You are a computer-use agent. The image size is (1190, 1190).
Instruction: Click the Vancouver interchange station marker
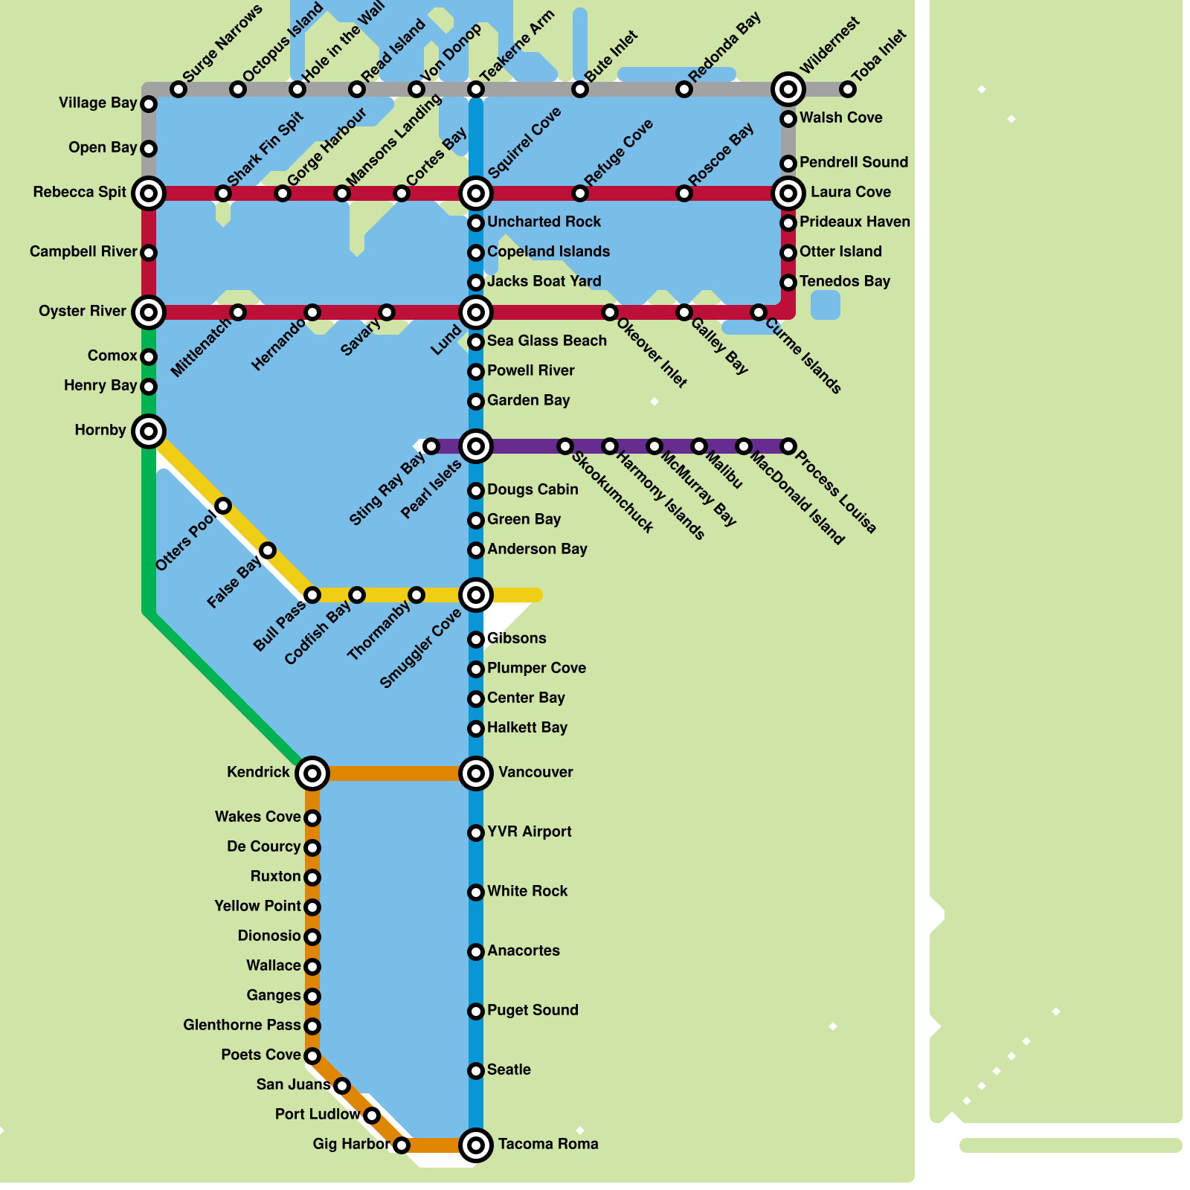[476, 773]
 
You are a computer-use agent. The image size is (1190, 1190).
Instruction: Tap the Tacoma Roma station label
[548, 1144]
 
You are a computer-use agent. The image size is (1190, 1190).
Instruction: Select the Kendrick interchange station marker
[312, 773]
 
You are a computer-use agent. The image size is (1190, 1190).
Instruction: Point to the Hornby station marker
[149, 431]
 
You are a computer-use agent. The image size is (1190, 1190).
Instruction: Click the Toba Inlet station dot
[848, 89]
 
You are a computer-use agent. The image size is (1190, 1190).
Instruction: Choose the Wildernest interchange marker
[788, 89]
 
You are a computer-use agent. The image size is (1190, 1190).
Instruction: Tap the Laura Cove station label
[850, 192]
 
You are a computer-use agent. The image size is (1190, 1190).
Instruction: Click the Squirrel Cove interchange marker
[476, 193]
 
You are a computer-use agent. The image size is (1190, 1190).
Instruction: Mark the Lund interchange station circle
[476, 312]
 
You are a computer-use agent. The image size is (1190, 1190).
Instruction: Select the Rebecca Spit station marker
[149, 193]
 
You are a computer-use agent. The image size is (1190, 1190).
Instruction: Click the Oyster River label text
[83, 311]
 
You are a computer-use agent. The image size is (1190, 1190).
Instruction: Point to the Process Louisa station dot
[788, 446]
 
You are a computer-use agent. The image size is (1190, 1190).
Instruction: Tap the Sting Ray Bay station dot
[431, 446]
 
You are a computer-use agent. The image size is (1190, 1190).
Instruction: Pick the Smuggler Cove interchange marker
[476, 595]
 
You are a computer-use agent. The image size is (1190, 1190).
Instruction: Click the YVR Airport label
[529, 832]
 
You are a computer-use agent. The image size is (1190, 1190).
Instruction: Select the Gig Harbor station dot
[402, 1145]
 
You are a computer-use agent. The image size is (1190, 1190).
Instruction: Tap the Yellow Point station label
[257, 906]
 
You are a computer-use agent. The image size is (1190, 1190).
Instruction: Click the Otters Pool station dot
[223, 506]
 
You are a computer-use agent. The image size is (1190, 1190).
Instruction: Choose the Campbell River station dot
[149, 253]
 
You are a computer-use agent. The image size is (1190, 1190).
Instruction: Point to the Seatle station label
[509, 1070]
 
